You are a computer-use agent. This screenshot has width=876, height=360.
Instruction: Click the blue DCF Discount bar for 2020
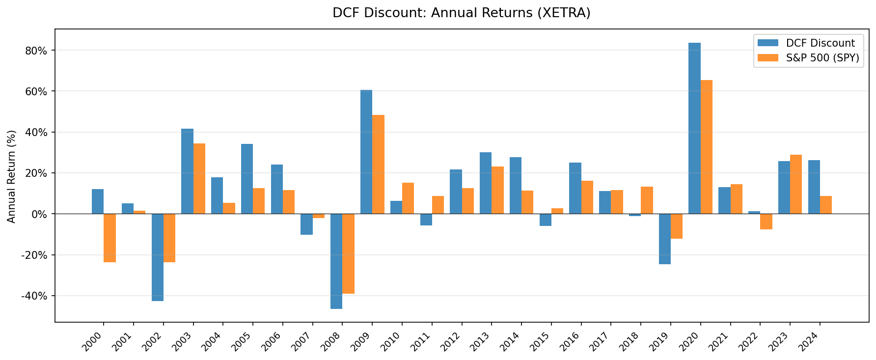(x=694, y=128)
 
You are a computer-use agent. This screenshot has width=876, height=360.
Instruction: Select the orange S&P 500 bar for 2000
(x=109, y=238)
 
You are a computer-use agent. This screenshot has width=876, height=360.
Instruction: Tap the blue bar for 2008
(x=336, y=261)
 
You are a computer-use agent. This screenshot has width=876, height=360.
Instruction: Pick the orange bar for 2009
(x=378, y=165)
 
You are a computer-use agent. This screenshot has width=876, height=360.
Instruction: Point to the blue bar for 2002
(x=157, y=257)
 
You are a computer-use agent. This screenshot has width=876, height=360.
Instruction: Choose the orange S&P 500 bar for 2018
(x=647, y=200)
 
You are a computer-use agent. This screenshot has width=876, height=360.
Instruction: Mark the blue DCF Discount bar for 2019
(x=664, y=239)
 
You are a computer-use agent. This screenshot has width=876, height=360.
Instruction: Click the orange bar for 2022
(x=766, y=222)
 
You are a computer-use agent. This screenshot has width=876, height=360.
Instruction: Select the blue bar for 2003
(x=187, y=171)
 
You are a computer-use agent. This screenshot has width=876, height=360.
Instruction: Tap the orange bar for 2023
(x=796, y=184)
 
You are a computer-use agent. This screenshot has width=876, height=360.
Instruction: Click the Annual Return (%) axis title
(x=12, y=176)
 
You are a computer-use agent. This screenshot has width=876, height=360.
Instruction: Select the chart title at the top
(x=461, y=13)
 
